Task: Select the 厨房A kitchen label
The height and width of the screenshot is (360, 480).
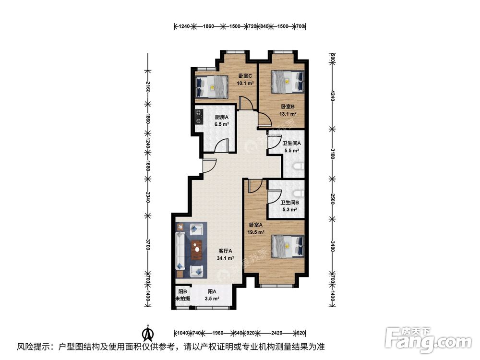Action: pyautogui.click(x=221, y=117)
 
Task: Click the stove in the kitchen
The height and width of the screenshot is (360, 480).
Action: pyautogui.click(x=198, y=117)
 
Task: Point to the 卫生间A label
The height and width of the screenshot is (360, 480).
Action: pyautogui.click(x=291, y=143)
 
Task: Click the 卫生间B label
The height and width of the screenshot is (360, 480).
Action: pyautogui.click(x=289, y=203)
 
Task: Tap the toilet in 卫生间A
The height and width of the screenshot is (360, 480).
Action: pyautogui.click(x=299, y=167)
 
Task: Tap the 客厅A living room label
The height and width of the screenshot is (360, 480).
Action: pyautogui.click(x=226, y=251)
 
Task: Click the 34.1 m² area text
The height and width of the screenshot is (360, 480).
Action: pyautogui.click(x=226, y=258)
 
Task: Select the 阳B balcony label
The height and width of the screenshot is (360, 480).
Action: pyautogui.click(x=182, y=291)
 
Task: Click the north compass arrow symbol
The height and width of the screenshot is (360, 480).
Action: pyautogui.click(x=149, y=332)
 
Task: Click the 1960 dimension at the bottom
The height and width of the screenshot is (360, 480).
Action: pyautogui.click(x=218, y=333)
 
